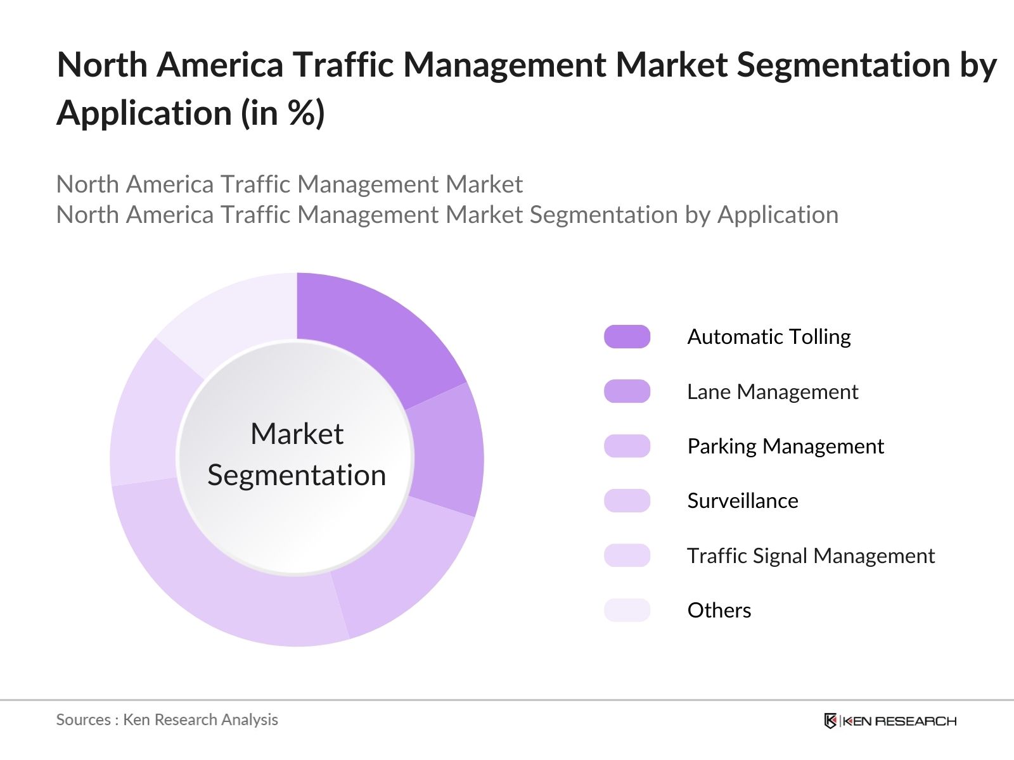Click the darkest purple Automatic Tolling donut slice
(374, 336)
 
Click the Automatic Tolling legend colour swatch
(627, 337)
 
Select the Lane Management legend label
(772, 392)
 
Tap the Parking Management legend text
(785, 446)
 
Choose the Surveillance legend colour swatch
(627, 501)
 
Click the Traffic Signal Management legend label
(810, 556)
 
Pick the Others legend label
(719, 611)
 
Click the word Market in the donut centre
(297, 434)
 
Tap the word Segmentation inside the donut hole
(297, 476)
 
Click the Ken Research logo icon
(830, 721)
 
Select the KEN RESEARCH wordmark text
(899, 721)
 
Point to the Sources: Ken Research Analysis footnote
(167, 719)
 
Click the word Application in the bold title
(144, 114)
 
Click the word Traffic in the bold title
(342, 65)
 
